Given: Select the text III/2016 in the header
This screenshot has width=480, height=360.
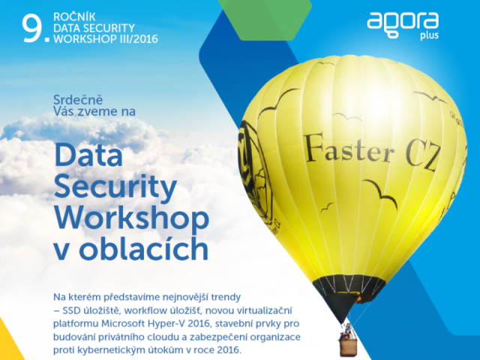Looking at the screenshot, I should (142, 36).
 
